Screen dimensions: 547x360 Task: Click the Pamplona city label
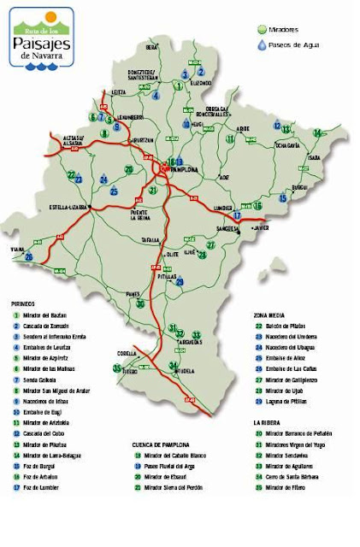pyautogui.click(x=185, y=169)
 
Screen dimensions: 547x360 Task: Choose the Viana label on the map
pyautogui.click(x=16, y=249)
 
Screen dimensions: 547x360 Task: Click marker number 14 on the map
pyautogui.click(x=317, y=132)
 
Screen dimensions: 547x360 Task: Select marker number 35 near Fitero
pyautogui.click(x=117, y=368)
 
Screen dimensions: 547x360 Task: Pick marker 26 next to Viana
pyautogui.click(x=29, y=256)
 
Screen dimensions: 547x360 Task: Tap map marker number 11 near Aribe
pyautogui.click(x=230, y=138)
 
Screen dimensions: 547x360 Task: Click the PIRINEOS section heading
pyautogui.click(x=23, y=303)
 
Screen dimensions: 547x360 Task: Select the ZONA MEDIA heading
pyautogui.click(x=269, y=315)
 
